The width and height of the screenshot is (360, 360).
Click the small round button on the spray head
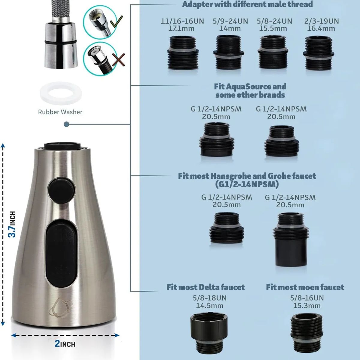click(62, 190)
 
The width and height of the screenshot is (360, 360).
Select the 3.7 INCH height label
click(12, 224)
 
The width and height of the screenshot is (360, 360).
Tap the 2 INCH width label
click(65, 344)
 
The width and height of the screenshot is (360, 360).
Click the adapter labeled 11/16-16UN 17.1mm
click(183, 53)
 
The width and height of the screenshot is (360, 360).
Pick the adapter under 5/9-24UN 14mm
click(229, 52)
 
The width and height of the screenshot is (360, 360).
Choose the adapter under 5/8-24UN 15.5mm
click(273, 52)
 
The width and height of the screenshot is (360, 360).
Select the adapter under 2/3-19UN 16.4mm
click(319, 53)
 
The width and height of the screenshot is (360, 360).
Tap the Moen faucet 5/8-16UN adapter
click(307, 336)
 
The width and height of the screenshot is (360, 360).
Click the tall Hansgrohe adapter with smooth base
click(290, 239)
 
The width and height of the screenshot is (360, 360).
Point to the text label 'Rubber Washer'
click(60, 112)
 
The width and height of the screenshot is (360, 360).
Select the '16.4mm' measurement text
click(321, 28)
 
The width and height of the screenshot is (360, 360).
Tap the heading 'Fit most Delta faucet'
click(205, 287)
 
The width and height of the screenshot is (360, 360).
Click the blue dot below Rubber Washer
click(66, 124)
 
